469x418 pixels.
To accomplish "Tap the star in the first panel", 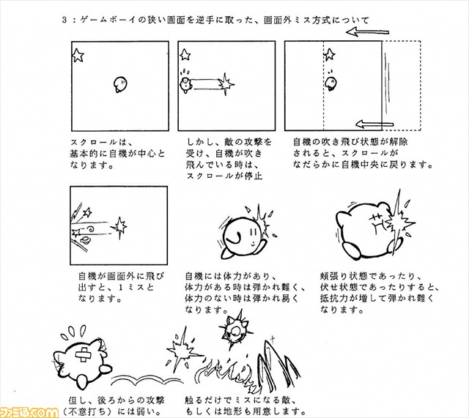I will tap(77, 53).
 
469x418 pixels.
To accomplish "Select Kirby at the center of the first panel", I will tap(120, 85).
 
